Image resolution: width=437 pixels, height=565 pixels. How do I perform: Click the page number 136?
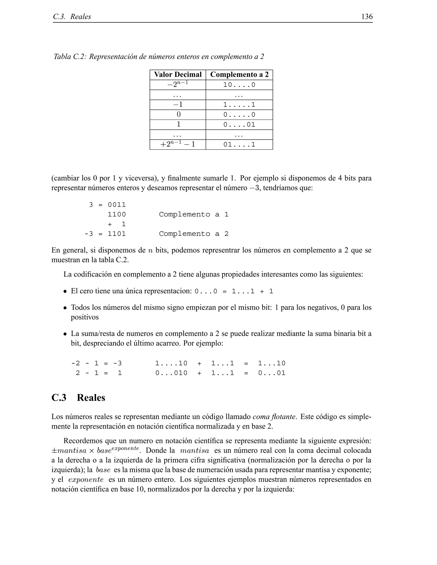(x=367, y=17)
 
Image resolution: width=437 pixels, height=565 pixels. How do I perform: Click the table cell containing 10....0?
(x=239, y=85)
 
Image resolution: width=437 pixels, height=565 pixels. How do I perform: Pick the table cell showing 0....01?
(x=239, y=125)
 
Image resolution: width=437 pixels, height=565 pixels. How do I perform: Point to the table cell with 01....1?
(x=239, y=145)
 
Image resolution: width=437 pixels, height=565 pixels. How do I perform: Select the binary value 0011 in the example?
(x=117, y=205)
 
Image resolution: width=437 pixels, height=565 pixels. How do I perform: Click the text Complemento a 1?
(x=194, y=214)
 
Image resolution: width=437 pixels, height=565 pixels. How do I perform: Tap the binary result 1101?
(x=117, y=234)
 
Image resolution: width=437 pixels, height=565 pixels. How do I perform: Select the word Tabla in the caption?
(x=62, y=57)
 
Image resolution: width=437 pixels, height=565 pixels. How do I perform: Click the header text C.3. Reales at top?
(x=72, y=17)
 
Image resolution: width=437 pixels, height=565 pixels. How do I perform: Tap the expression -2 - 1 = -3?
(x=96, y=364)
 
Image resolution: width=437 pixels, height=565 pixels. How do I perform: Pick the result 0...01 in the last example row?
(x=272, y=373)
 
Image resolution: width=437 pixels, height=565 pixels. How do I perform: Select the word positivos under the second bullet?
(x=85, y=317)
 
